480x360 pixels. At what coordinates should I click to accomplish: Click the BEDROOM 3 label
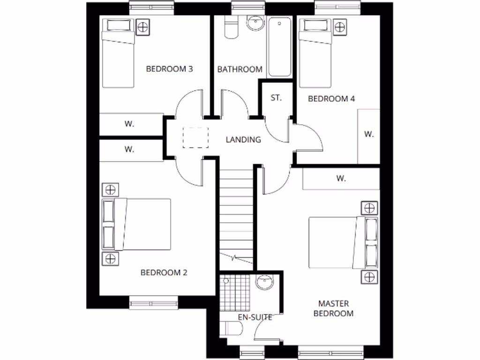170,69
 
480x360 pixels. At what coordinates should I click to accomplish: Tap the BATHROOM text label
240,69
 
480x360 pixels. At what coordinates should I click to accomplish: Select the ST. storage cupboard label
276,98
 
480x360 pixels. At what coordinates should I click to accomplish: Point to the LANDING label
243,139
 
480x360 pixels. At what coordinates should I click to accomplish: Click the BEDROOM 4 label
331,99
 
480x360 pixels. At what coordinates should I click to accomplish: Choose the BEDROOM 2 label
164,272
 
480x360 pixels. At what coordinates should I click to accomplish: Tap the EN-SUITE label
255,317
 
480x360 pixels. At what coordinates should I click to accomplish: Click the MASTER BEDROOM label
333,308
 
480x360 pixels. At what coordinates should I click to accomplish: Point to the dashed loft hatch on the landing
195,137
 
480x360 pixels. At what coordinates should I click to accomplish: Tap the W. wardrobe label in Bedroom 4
369,134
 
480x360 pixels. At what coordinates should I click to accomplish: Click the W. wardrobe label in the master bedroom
341,178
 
